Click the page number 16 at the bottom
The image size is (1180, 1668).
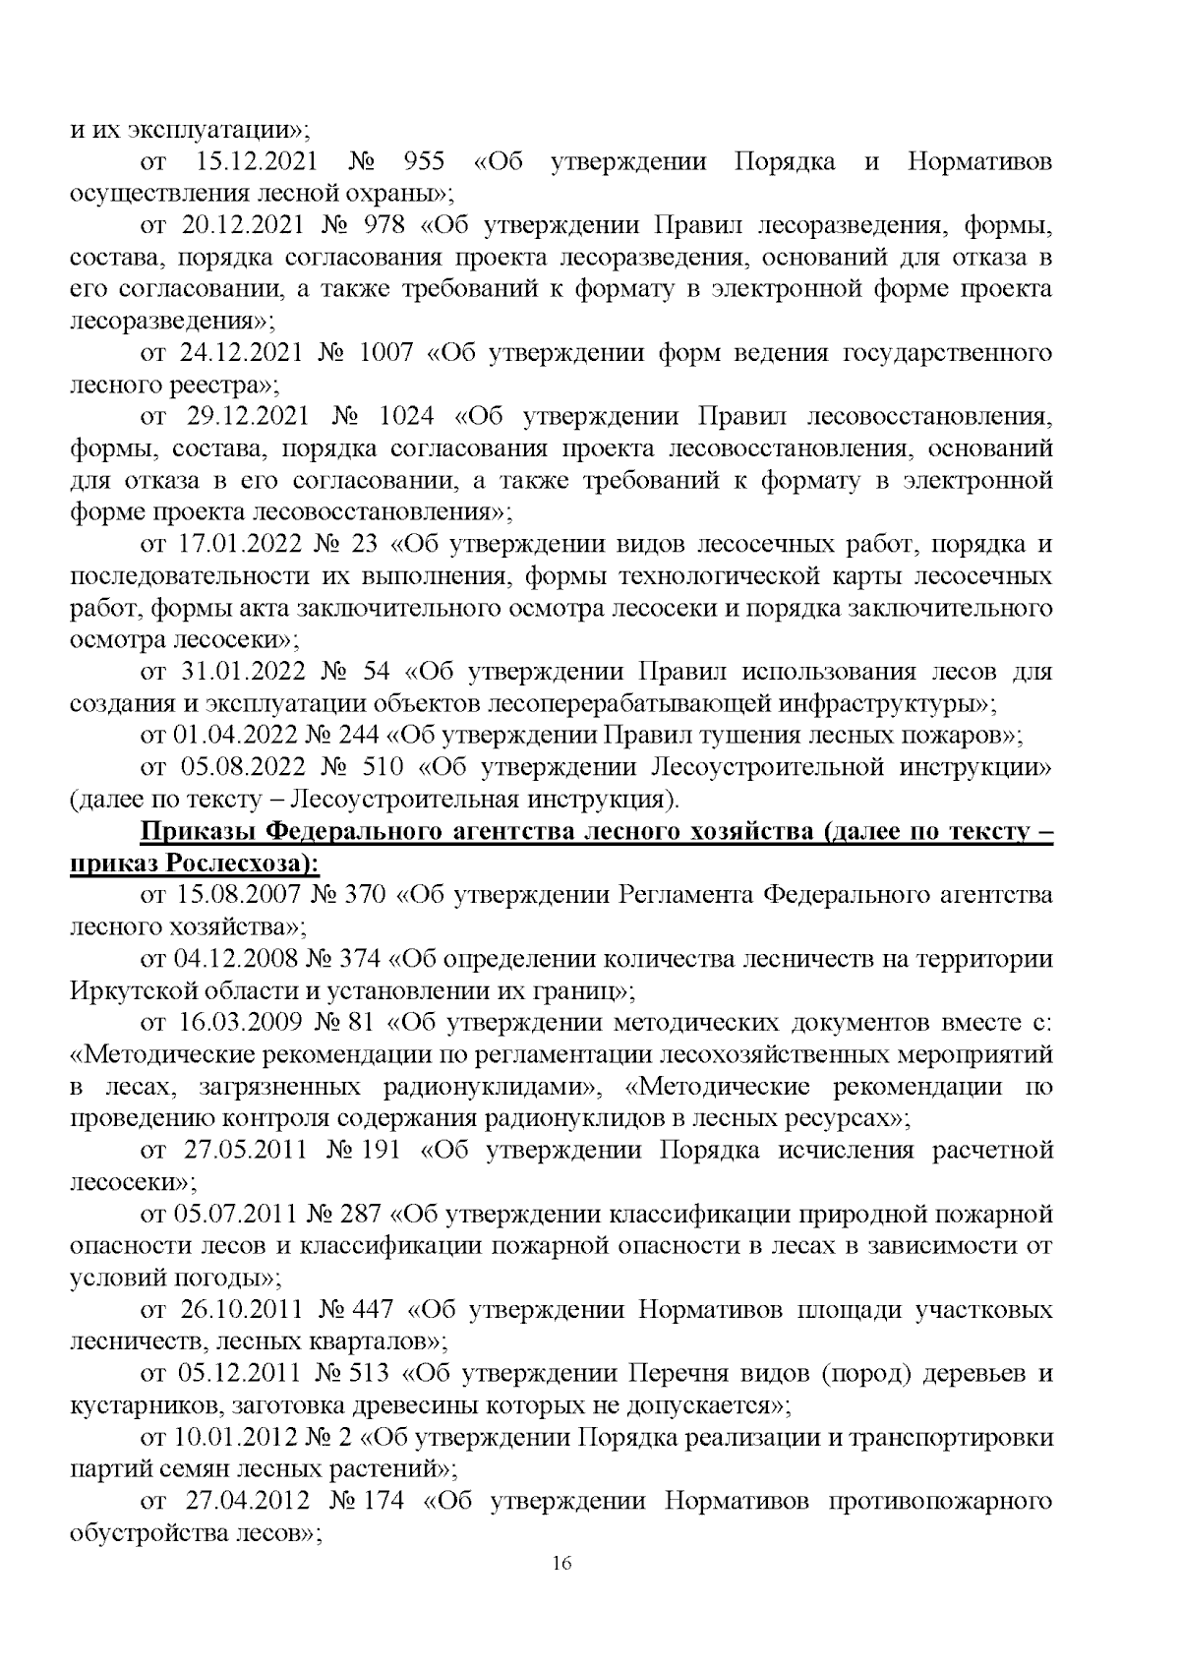click(562, 1564)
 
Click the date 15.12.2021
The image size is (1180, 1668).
click(260, 161)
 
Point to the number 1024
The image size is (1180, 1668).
click(408, 417)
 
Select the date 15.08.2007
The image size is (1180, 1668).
click(236, 896)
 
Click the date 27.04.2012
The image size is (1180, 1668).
click(247, 1502)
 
